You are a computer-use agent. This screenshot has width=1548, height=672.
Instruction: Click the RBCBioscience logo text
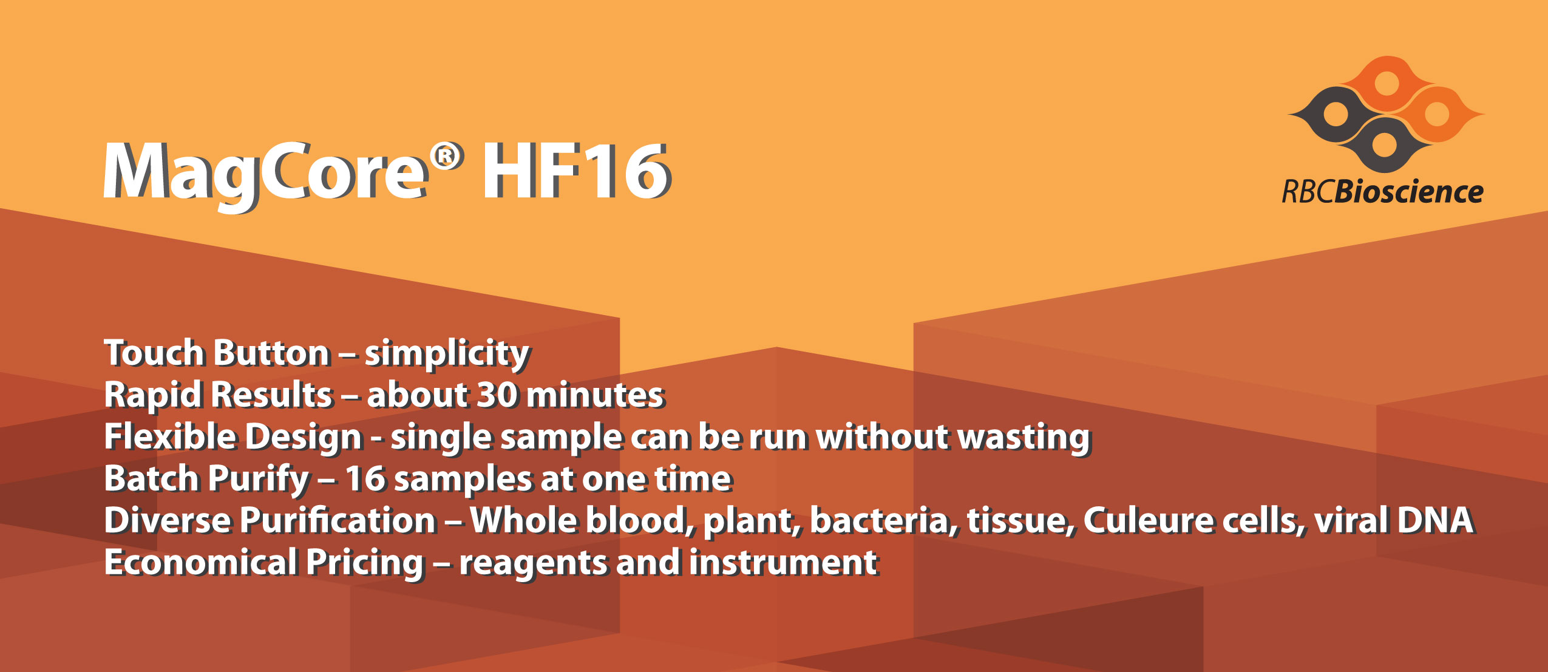1382,192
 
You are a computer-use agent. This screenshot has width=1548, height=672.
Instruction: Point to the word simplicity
447,354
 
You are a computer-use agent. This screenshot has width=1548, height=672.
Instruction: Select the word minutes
595,395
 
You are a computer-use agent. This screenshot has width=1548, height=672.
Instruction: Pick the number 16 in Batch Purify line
365,479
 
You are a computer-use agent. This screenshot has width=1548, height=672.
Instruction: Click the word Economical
200,562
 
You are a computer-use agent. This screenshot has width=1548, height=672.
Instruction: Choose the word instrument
783,562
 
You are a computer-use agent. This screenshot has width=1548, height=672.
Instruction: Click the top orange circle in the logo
1386,84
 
